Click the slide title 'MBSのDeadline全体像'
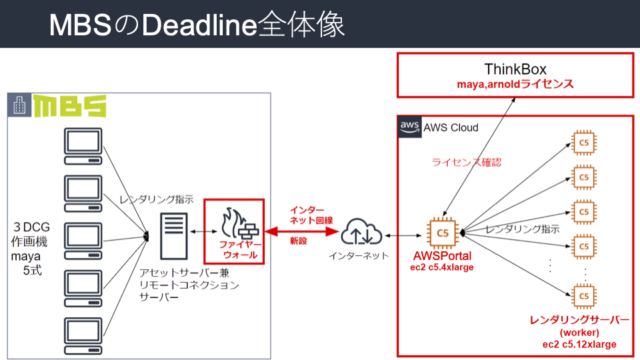tap(197, 25)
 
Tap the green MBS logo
tap(70, 107)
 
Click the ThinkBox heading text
tap(515, 69)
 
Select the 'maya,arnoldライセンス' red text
tap(515, 85)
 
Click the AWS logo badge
tap(408, 128)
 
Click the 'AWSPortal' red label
tap(443, 257)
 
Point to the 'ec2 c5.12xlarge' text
tap(579, 344)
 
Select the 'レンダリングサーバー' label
tap(579, 320)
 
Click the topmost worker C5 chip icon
tap(583, 142)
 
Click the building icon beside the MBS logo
tap(20, 105)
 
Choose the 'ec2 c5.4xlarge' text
tap(443, 268)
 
